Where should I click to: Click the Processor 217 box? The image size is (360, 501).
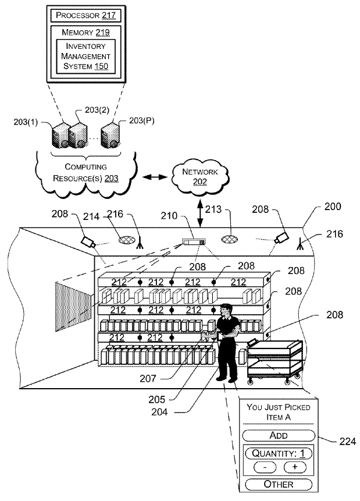[86, 14]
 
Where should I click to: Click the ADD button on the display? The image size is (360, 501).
[279, 435]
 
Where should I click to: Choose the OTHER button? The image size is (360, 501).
[279, 484]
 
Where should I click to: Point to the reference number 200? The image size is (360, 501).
[333, 207]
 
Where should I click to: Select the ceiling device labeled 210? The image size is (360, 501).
[193, 241]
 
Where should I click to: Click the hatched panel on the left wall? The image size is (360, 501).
[73, 305]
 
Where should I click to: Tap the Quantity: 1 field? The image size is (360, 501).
[279, 453]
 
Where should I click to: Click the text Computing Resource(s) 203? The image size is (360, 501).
[86, 172]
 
